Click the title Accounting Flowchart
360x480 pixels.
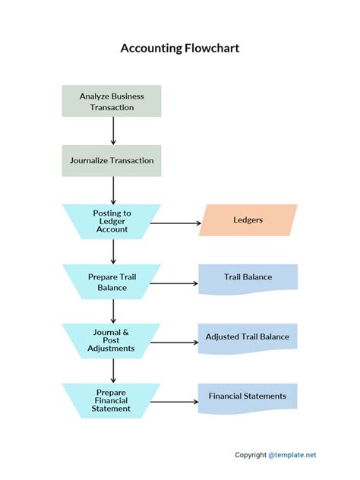click(180, 49)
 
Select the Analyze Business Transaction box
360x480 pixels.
click(112, 102)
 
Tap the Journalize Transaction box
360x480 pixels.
click(112, 160)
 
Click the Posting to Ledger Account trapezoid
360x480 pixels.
click(112, 220)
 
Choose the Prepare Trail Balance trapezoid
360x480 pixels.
click(112, 282)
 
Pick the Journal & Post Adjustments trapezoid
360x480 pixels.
click(112, 340)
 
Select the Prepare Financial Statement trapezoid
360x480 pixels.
click(112, 400)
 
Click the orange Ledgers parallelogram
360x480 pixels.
click(248, 219)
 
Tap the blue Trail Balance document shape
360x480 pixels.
click(248, 278)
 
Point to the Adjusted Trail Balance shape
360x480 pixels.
click(248, 336)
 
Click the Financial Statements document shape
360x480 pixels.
click(248, 396)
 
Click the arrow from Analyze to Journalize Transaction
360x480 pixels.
click(112, 131)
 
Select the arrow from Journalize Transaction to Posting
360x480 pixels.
click(112, 190)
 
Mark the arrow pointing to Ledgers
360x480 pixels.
click(175, 224)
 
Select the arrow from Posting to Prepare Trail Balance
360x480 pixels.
click(112, 251)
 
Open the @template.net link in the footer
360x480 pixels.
click(292, 455)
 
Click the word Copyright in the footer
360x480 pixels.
click(250, 455)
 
